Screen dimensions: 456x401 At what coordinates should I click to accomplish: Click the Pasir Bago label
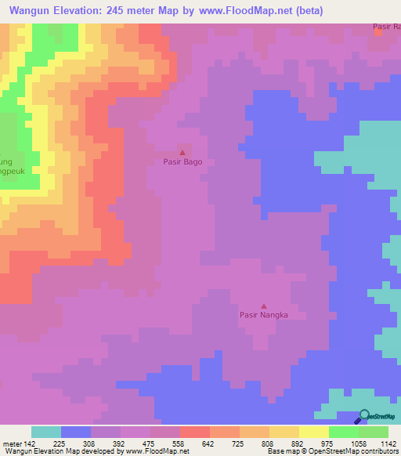point(182,162)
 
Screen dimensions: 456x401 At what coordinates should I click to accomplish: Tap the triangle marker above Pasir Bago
point(182,153)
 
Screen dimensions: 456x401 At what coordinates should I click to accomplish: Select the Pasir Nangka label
point(263,315)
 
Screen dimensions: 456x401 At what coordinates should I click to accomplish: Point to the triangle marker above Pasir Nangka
point(263,306)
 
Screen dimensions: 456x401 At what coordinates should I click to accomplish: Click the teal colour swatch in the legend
point(46,432)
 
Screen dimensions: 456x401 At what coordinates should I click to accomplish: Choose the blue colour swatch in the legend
point(76,432)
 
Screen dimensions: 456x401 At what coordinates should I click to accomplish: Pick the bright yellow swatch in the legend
point(313,432)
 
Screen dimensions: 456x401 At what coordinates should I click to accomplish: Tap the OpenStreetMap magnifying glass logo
point(363,415)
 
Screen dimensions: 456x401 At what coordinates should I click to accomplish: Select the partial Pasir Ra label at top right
point(387,27)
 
